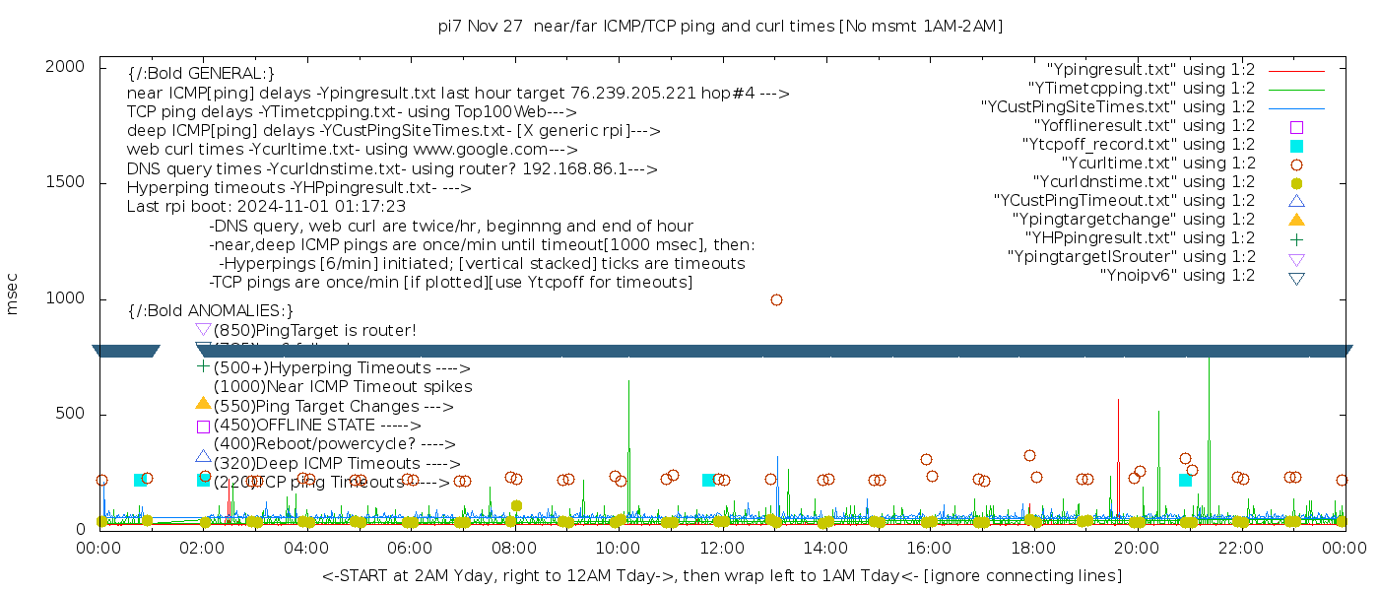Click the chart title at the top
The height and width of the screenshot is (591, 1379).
(x=720, y=26)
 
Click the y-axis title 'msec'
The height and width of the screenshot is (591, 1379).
(x=13, y=295)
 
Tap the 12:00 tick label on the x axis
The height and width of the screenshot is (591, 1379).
(x=721, y=548)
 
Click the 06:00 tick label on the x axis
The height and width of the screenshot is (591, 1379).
(x=410, y=548)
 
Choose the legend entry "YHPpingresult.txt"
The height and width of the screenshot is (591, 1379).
(x=1140, y=238)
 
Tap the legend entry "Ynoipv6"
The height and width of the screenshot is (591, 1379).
(x=1177, y=276)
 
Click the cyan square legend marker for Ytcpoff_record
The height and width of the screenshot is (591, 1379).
(x=1296, y=146)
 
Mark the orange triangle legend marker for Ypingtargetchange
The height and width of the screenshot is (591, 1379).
(x=1296, y=220)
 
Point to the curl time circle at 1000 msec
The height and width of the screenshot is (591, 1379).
(x=776, y=299)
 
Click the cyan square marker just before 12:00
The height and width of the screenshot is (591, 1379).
(x=708, y=480)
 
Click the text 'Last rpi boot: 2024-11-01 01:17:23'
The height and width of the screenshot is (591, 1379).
(x=266, y=207)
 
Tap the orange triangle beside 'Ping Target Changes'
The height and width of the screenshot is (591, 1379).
(x=203, y=404)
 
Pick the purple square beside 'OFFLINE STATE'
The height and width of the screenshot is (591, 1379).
(x=203, y=427)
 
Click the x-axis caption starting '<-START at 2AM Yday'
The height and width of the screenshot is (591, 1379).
(x=721, y=575)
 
